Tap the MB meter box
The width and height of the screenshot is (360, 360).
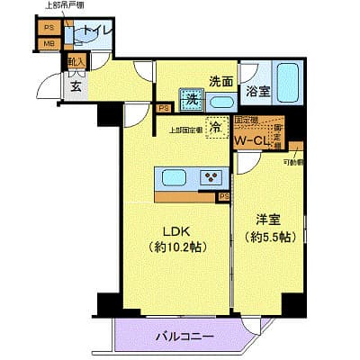point(48,43)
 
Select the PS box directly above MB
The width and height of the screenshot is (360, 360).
point(48,27)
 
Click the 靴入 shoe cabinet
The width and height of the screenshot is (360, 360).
point(75,63)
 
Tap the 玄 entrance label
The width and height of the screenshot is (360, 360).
point(76,85)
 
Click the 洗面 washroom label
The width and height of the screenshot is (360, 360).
point(221,80)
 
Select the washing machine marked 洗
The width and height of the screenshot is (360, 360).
point(191,100)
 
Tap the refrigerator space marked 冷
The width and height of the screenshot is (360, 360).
point(216,129)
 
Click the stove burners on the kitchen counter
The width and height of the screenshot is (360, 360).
point(211,176)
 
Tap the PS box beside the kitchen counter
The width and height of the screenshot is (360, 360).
point(223,194)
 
